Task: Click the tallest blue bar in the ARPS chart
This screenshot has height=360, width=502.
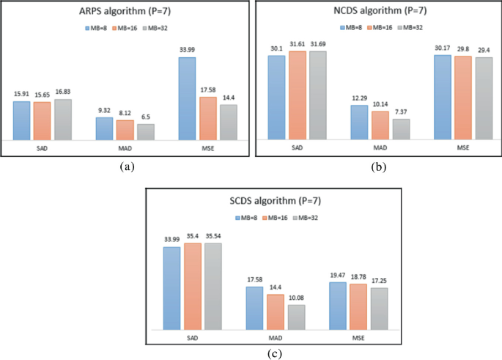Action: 188,98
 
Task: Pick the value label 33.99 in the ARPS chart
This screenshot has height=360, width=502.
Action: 188,50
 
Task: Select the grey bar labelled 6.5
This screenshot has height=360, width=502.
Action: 146,131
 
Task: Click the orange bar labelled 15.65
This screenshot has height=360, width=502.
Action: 42,120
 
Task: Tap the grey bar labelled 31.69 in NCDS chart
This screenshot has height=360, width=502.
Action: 317,95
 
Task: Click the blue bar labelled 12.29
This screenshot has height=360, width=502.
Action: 359,122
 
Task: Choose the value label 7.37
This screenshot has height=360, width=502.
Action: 401,112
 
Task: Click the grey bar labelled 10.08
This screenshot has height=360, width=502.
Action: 297,317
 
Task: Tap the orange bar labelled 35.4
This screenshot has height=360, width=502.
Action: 193,287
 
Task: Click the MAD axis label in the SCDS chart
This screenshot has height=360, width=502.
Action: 276,339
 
